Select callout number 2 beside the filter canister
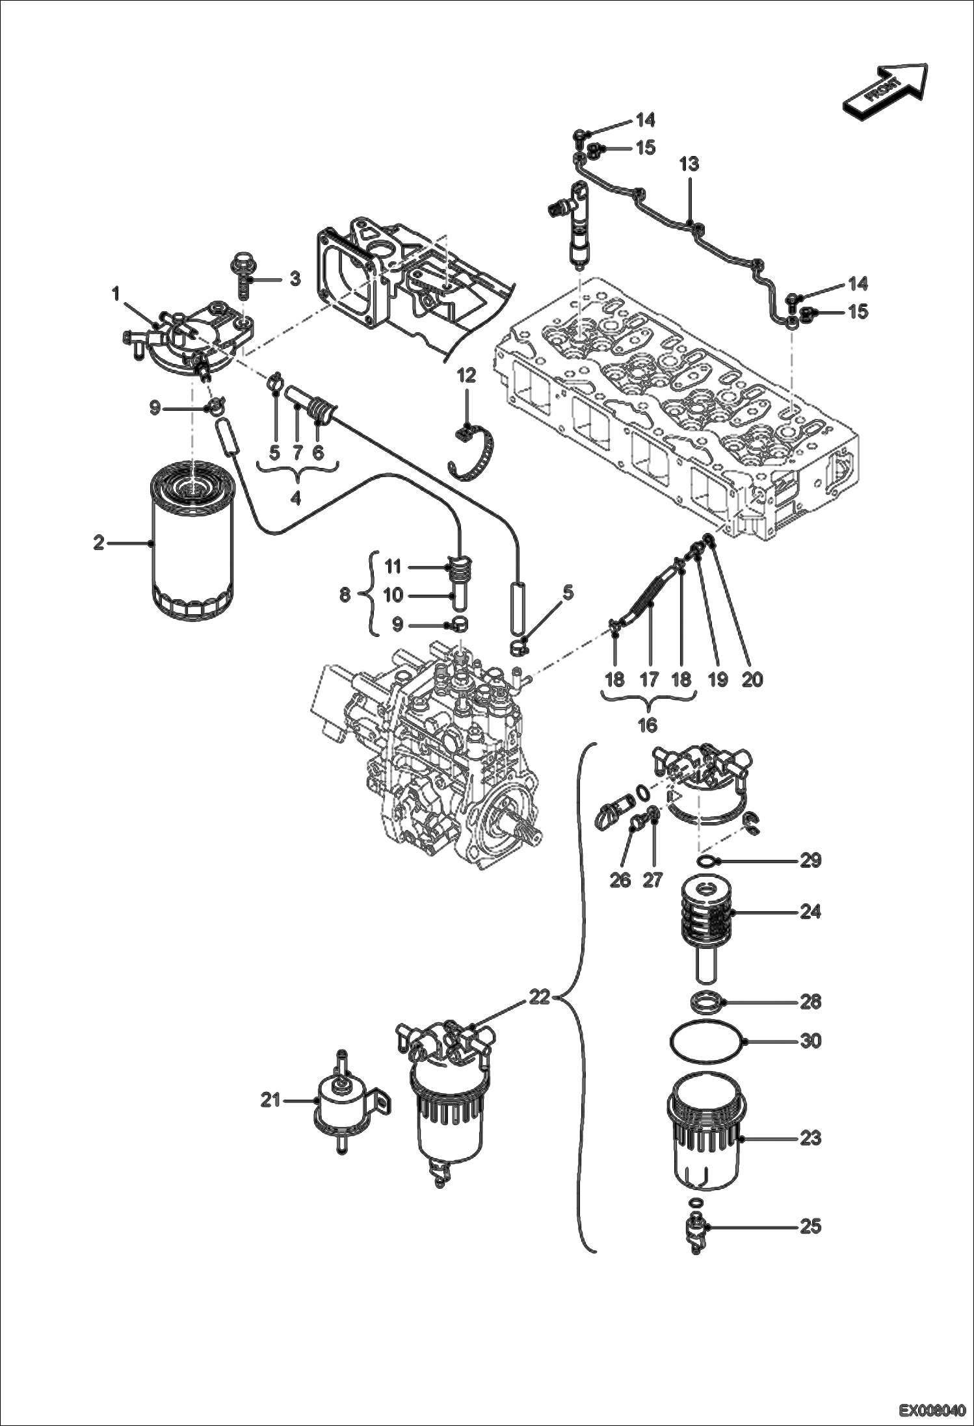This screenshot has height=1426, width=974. [98, 543]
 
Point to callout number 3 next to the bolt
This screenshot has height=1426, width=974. [295, 279]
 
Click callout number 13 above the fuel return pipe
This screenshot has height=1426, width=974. [689, 164]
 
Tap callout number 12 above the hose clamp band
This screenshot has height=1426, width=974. [466, 376]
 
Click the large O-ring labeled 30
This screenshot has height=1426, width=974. [709, 1041]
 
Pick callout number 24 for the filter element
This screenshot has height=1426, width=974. [810, 912]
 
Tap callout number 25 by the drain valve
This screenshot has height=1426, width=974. [810, 1226]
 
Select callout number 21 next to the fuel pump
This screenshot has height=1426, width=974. [270, 1100]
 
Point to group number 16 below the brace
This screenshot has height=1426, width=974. [648, 725]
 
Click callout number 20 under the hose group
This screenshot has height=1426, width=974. [752, 680]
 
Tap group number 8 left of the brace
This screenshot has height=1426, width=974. [345, 594]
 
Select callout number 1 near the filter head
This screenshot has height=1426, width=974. [116, 296]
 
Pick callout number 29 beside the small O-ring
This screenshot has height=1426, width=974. [810, 861]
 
